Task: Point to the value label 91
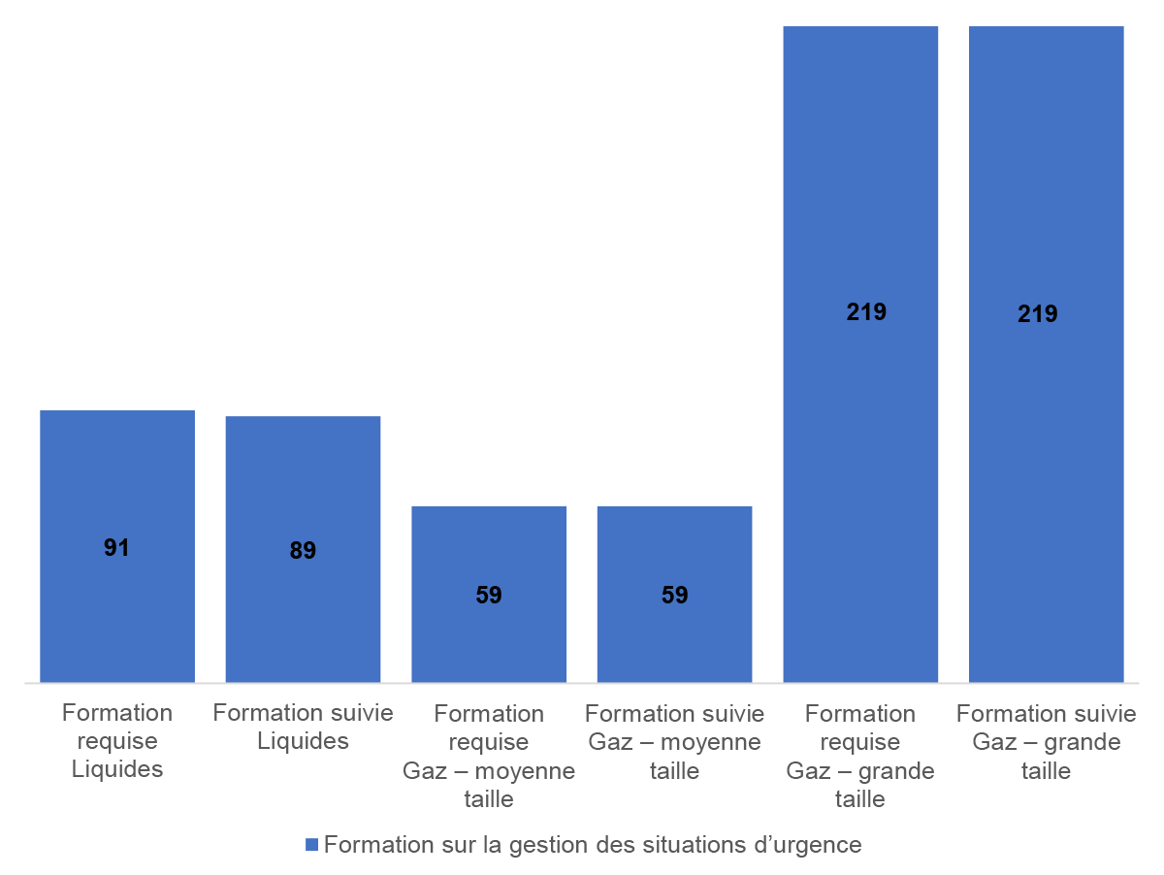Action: coord(116,548)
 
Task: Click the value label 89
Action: coord(303,551)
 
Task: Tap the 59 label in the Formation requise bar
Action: coord(489,596)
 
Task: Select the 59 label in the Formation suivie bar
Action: coord(674,596)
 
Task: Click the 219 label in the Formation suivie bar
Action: coord(1038,314)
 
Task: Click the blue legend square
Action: coord(311,845)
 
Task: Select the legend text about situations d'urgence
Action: coord(592,844)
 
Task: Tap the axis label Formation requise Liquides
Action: coord(116,741)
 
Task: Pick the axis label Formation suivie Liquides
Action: coord(303,728)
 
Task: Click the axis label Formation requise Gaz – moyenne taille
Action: coord(489,756)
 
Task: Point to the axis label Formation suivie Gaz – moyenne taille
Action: coord(674,742)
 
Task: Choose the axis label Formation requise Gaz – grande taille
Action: coord(860,756)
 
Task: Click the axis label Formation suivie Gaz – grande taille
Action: coord(1046,742)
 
